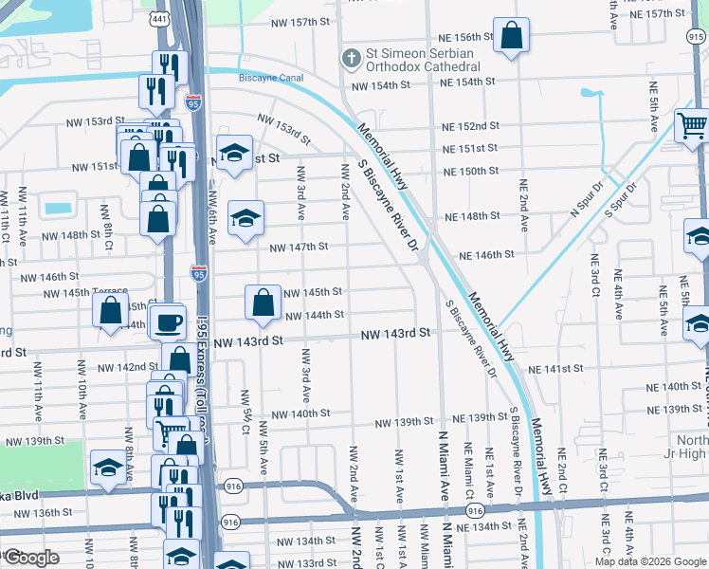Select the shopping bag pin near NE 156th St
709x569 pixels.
tap(511, 37)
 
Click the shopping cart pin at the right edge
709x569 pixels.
tap(693, 124)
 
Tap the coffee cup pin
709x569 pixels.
tap(169, 323)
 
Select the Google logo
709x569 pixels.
tap(30, 558)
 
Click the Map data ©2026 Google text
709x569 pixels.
tap(650, 561)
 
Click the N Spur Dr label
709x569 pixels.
tap(586, 199)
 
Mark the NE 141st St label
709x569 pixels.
tap(555, 368)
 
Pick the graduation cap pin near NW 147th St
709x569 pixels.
tap(245, 219)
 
